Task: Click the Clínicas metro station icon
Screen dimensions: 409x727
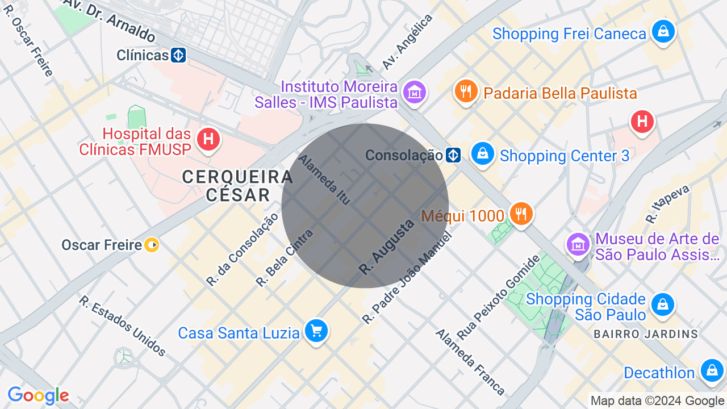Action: pos(178,55)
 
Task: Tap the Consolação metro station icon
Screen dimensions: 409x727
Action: pos(453,155)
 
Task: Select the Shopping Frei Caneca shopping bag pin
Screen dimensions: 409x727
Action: pos(663,32)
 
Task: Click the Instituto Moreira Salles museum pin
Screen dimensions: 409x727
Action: pos(415,93)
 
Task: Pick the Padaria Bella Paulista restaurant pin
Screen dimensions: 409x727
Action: pos(466,91)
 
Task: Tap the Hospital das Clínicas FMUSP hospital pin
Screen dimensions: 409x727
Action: pos(208,139)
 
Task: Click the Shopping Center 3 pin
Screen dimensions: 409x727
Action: pos(483,155)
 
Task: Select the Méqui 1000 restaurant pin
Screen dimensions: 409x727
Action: pos(520,214)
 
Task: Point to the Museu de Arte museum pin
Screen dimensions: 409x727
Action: pos(578,245)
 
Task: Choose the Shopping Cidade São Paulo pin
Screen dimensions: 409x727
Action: pos(663,304)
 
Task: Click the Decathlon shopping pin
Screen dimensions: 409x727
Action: pos(712,370)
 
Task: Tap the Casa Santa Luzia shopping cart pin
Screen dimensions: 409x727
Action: pos(316,331)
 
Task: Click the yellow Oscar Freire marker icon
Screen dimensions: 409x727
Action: pos(152,245)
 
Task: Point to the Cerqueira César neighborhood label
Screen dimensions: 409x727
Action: pos(237,186)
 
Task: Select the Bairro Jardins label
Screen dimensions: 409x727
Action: pos(646,334)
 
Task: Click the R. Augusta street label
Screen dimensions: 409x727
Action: pos(387,247)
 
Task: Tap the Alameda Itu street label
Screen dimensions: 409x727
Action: pos(324,179)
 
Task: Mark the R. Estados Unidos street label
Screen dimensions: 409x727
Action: pos(123,326)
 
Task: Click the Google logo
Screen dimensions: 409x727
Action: pos(38,395)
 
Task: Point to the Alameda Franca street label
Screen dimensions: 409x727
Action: pos(470,361)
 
